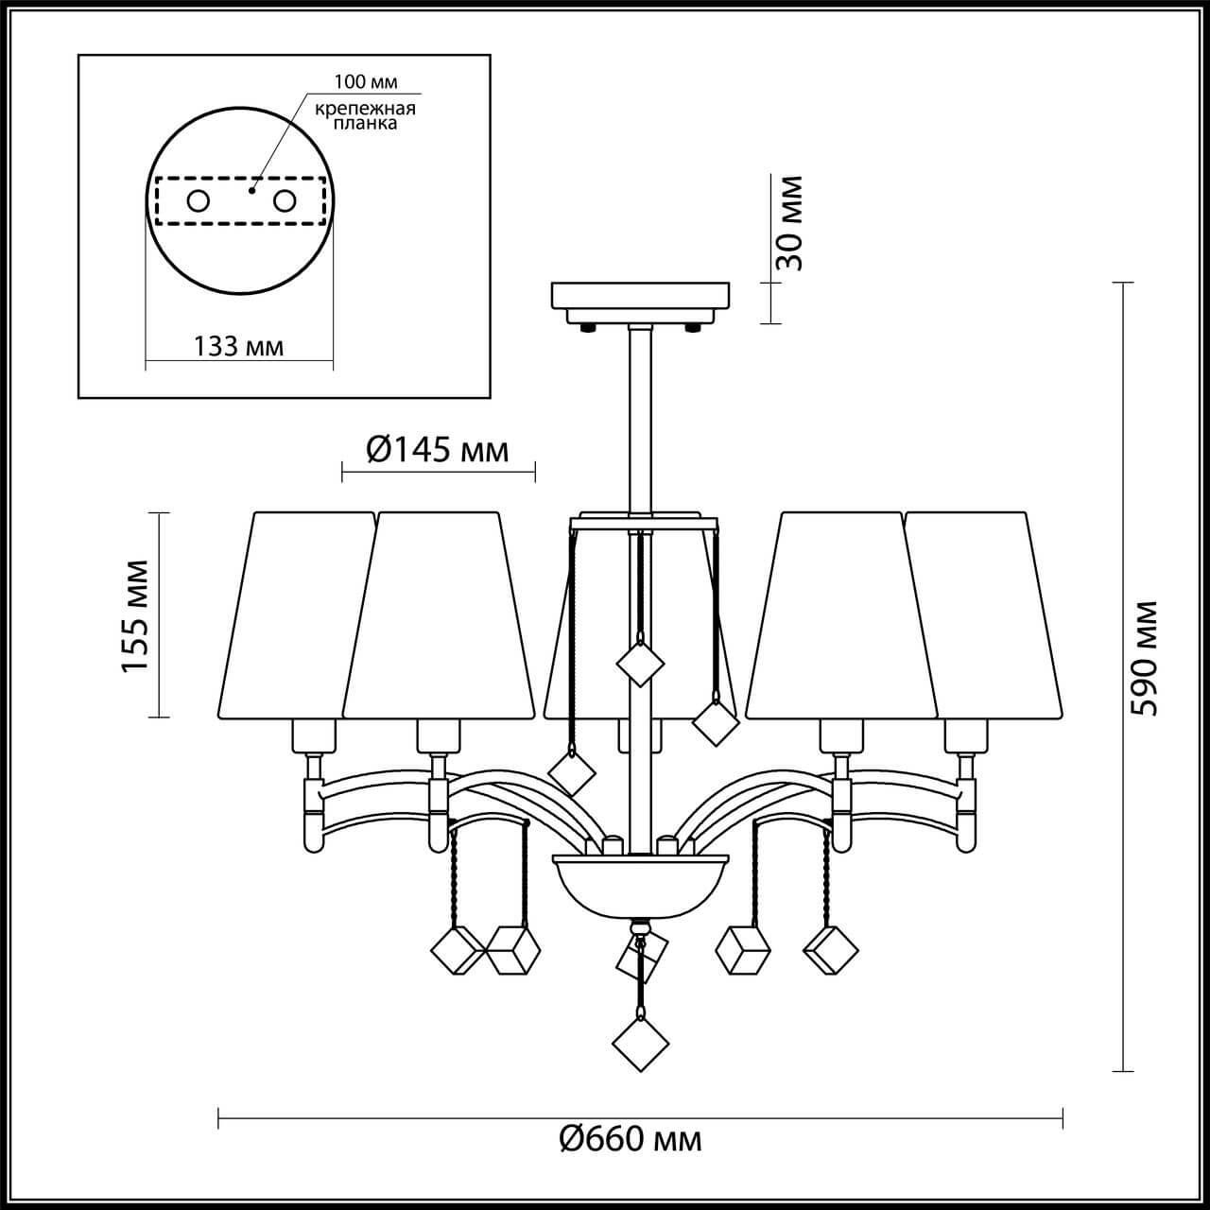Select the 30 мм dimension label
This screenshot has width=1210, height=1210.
click(788, 223)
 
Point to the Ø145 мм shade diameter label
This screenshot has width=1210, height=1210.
click(437, 450)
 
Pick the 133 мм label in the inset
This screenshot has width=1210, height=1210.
click(238, 346)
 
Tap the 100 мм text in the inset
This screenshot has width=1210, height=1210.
click(366, 81)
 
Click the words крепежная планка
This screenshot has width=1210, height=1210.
click(365, 115)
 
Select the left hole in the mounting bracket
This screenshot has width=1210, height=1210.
click(199, 201)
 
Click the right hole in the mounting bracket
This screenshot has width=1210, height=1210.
click(285, 201)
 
